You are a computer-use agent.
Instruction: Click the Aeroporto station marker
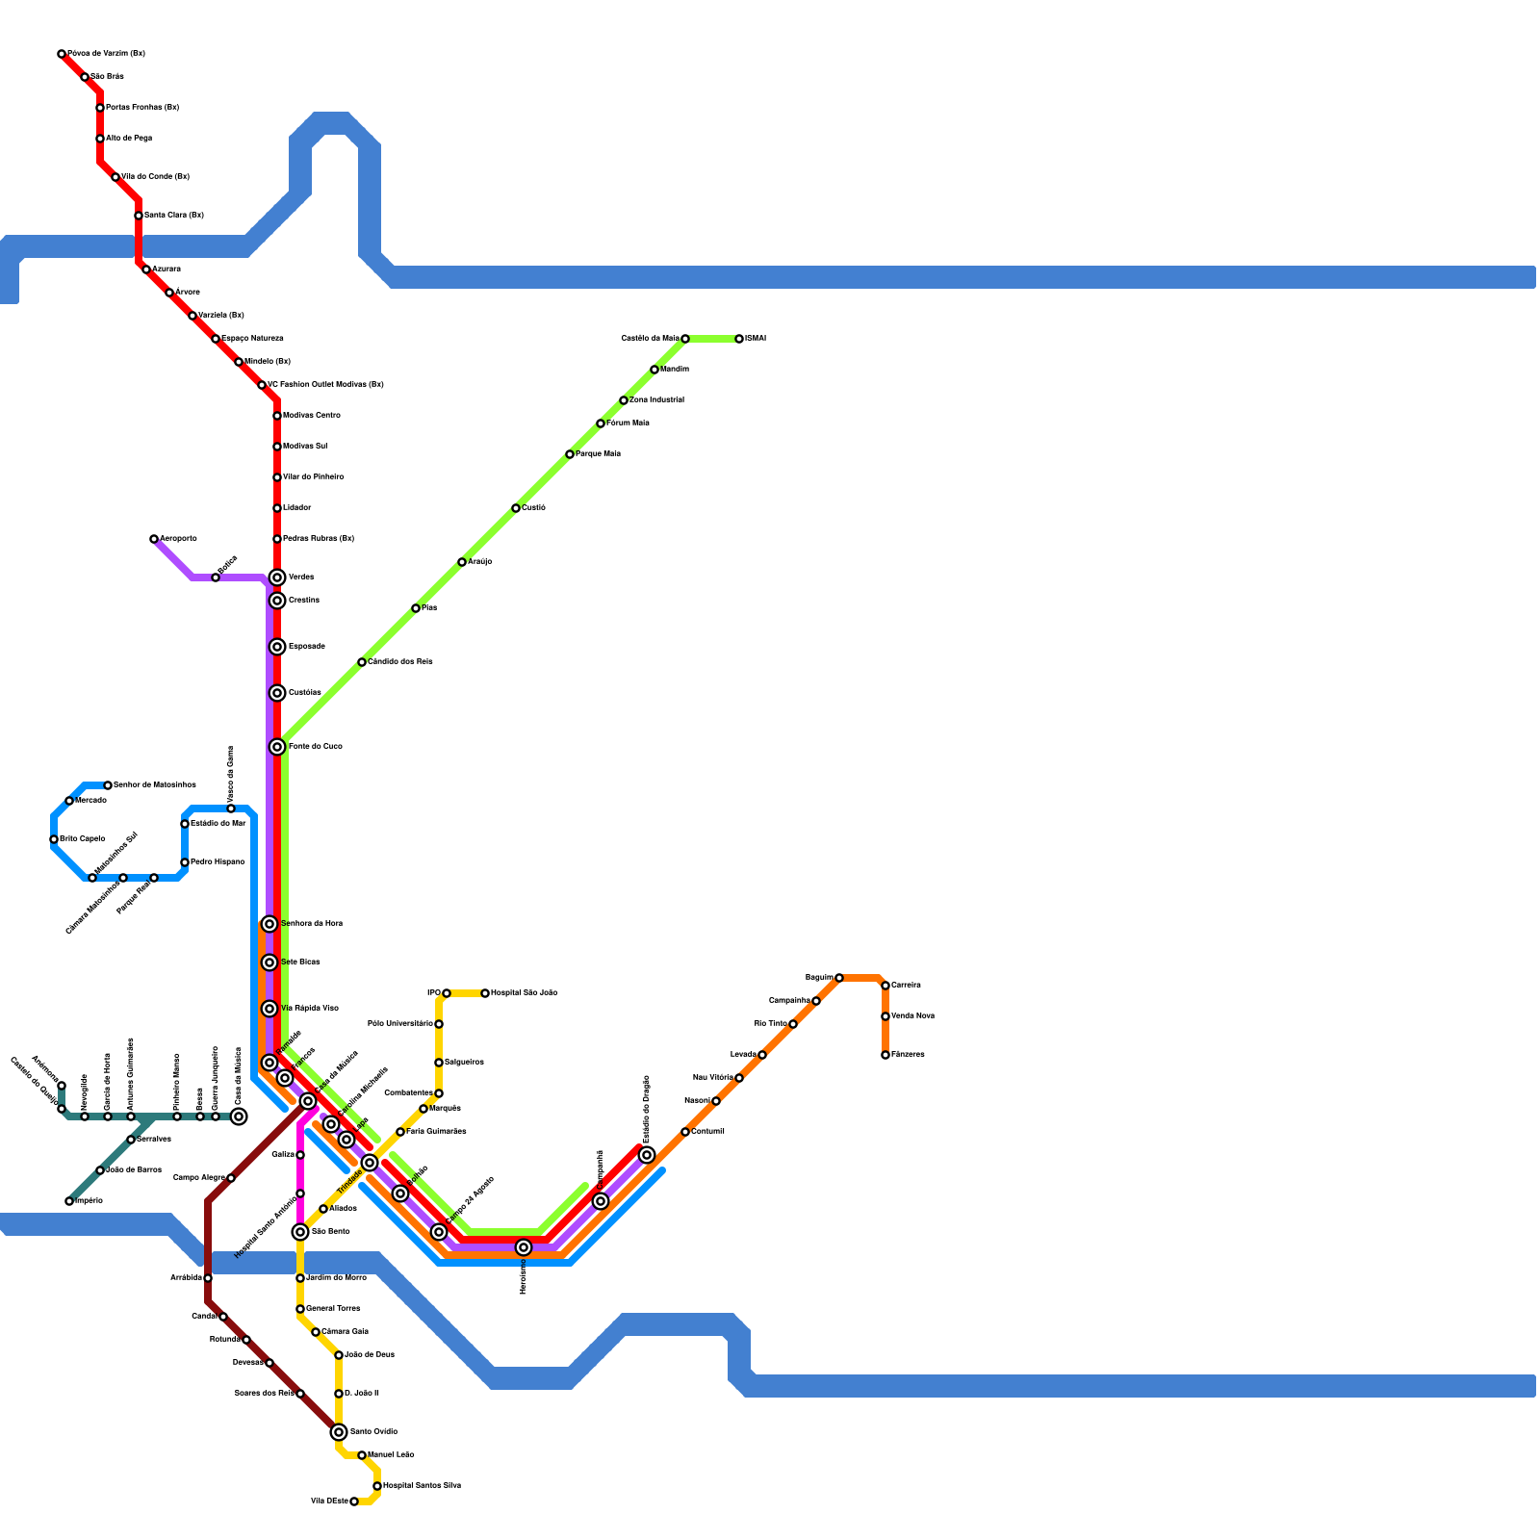154,539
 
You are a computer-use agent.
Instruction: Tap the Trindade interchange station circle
370,1163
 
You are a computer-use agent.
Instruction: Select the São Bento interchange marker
300,1232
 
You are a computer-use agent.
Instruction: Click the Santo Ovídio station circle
339,1432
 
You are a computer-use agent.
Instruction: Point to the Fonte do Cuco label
315,747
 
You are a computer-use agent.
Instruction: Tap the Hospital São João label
524,993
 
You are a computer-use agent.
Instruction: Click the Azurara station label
167,269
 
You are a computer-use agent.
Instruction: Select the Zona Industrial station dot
624,400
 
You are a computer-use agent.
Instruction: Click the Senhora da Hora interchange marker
269,924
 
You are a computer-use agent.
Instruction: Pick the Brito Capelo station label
82,839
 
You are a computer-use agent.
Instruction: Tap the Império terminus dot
69,1201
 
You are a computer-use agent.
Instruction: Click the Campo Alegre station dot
231,1178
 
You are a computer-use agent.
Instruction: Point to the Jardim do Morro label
336,1278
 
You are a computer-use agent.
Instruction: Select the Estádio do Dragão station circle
647,1155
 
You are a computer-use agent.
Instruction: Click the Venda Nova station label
912,1016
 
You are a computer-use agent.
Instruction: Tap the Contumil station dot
685,1132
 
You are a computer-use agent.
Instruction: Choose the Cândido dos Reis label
400,662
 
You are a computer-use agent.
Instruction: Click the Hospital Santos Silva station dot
377,1486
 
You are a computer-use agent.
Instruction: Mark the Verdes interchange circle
277,577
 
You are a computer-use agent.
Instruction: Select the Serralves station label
154,1140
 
